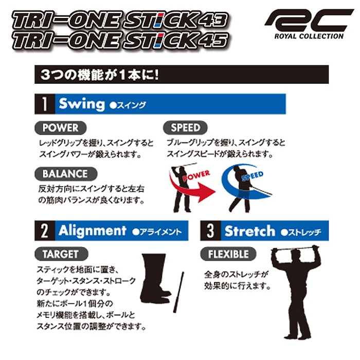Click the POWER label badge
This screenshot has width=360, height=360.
pos(60,127)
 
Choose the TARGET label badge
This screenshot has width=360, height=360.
pos(60,254)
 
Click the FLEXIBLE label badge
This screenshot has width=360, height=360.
pos(228,254)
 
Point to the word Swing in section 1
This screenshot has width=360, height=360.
pos(81,103)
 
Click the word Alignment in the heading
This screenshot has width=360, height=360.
pos(92,231)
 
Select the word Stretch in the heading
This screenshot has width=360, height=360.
pos(250,231)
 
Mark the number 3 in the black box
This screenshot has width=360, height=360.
pos(210,231)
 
